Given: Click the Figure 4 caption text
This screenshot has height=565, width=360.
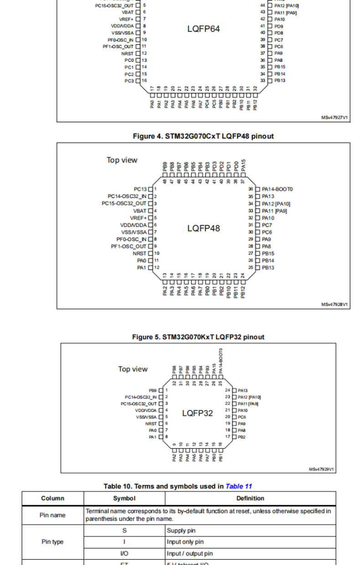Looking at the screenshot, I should coord(203,136).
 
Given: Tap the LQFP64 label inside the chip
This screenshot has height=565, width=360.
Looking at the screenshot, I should coord(203,29).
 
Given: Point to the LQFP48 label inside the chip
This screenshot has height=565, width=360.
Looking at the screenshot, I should coord(203,228).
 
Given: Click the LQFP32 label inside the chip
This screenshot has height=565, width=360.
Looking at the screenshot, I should coord(197,414).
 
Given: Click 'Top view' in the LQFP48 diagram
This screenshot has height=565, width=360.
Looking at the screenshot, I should coord(122,160).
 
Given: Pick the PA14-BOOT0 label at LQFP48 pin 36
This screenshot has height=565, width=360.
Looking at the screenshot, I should coord(277,189).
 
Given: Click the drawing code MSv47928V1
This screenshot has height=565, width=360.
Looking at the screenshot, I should coord(334,304).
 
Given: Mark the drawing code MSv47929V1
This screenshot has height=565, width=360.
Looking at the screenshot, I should coord(322,469).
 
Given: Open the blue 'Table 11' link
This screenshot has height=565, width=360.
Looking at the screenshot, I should coord(238,486).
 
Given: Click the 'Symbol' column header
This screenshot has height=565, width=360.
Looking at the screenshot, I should coord(124,498).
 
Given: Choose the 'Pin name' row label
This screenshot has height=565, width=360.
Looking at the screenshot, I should coord(52,515).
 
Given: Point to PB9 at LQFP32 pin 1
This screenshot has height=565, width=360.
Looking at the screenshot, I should coord(152,390).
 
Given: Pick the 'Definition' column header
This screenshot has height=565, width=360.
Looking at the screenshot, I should coord(250,498).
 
